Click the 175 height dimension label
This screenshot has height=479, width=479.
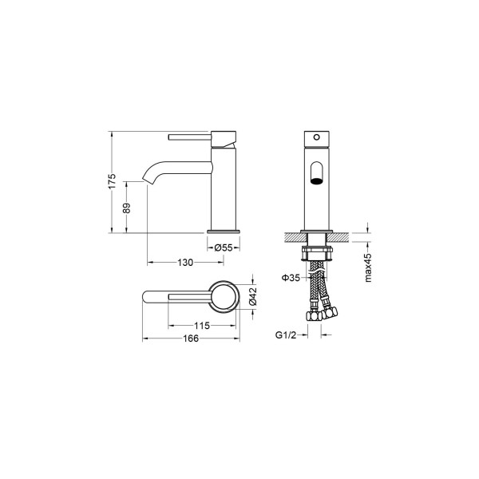pyautogui.click(x=113, y=181)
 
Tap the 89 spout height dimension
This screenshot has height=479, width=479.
pyautogui.click(x=126, y=208)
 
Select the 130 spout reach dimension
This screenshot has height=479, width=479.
pyautogui.click(x=185, y=263)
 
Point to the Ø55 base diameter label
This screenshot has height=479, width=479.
pyautogui.click(x=224, y=247)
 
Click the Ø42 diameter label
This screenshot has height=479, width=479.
pyautogui.click(x=253, y=296)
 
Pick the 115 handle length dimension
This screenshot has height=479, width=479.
pyautogui.click(x=202, y=326)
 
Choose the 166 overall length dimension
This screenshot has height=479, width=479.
pyautogui.click(x=191, y=338)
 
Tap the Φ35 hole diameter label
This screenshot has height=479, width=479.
pyautogui.click(x=291, y=278)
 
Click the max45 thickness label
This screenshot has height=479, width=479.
pyautogui.click(x=368, y=267)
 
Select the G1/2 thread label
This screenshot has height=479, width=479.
pyautogui.click(x=286, y=335)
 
